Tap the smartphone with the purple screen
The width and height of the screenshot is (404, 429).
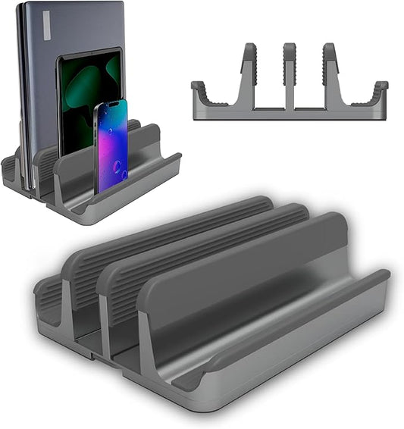pyautogui.click(x=111, y=148)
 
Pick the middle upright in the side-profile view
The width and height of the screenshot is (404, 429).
pyautogui.click(x=289, y=76)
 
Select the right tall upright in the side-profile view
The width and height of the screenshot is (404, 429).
pyautogui.click(x=330, y=76)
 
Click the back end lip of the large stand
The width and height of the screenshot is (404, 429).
pyautogui.click(x=45, y=296)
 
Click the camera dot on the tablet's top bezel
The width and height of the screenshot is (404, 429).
pyautogui.click(x=90, y=55)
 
